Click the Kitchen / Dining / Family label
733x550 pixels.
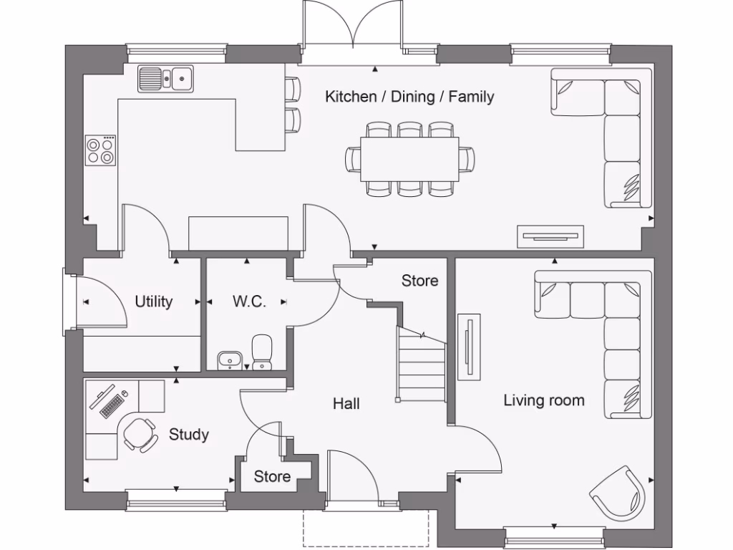[409, 96]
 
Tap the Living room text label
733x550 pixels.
[543, 400]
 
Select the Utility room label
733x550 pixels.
[154, 301]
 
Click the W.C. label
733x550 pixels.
[249, 301]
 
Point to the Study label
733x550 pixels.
[189, 434]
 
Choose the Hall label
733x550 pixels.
[346, 404]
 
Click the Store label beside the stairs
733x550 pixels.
[419, 281]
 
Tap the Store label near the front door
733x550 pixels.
[272, 476]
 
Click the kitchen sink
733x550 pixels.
[166, 78]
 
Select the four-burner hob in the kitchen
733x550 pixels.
[100, 150]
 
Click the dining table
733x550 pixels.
[409, 159]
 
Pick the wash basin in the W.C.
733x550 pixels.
[229, 360]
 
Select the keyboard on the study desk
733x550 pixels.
[112, 405]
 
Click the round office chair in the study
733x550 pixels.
[139, 434]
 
